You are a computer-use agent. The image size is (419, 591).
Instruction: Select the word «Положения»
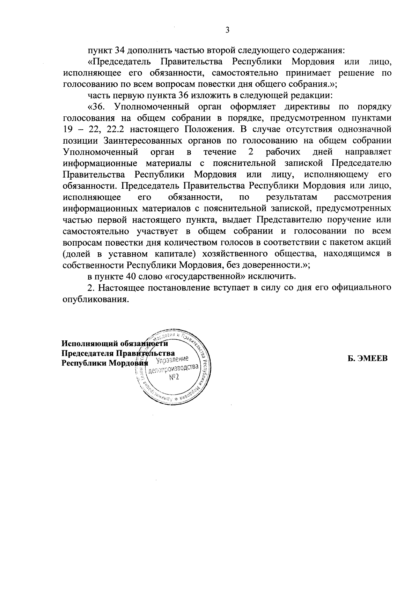208,129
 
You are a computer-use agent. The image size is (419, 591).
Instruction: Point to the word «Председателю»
361,163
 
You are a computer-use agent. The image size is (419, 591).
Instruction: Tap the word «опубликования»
94,299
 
